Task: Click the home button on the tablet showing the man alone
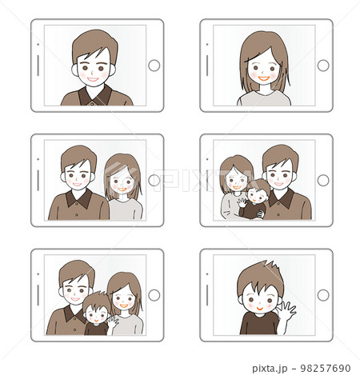coord(154,66)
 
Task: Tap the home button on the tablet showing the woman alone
coord(323,66)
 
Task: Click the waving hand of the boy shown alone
coord(286,311)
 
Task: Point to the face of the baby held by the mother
coord(257,194)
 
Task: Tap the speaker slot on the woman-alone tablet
coord(207,66)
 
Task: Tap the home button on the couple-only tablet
coord(154,180)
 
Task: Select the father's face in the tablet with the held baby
coord(279,174)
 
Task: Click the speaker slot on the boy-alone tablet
coord(207,295)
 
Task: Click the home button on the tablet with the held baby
coord(323,180)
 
